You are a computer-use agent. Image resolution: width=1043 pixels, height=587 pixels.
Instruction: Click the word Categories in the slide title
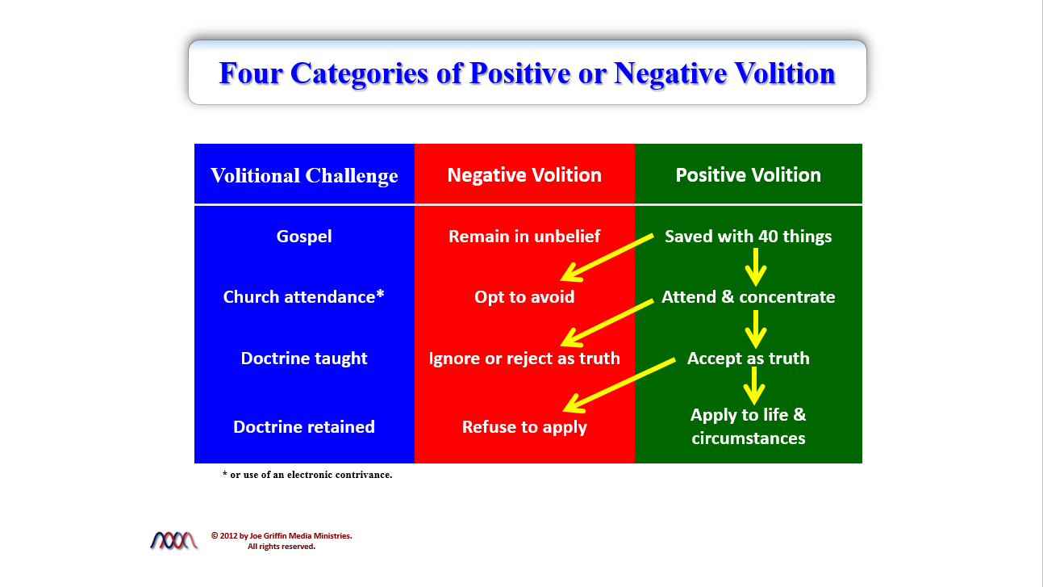(359, 73)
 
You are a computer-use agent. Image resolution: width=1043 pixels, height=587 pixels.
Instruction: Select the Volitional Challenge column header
(304, 176)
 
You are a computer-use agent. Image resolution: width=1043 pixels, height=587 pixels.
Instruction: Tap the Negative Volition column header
(524, 175)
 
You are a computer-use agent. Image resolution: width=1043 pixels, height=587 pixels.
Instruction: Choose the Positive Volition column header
(749, 175)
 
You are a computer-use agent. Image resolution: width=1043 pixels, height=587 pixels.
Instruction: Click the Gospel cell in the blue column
(304, 237)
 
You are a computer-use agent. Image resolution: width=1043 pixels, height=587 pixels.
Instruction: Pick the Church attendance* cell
(304, 297)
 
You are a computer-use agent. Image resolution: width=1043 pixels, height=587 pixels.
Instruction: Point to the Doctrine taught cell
(304, 358)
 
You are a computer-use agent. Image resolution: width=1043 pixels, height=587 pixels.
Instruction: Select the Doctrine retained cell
(304, 427)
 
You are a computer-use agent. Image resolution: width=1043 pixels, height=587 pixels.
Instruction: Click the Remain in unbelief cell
(524, 237)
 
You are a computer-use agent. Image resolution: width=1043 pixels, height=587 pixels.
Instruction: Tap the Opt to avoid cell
(524, 297)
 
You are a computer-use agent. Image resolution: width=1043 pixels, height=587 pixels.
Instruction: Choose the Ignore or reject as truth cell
(524, 358)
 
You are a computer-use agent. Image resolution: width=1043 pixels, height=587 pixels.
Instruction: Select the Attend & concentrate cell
(749, 297)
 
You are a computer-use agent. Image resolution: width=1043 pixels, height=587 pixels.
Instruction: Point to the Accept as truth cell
(749, 358)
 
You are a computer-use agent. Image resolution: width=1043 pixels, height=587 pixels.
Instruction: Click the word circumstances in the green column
(749, 438)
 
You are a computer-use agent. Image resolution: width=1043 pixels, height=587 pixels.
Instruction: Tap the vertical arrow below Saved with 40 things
(756, 267)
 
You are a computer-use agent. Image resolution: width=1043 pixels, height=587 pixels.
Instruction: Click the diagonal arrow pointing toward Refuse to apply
(620, 386)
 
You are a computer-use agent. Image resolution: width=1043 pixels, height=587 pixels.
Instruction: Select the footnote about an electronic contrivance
(307, 475)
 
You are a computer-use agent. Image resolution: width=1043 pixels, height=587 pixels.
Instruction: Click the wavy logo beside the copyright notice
(173, 540)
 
